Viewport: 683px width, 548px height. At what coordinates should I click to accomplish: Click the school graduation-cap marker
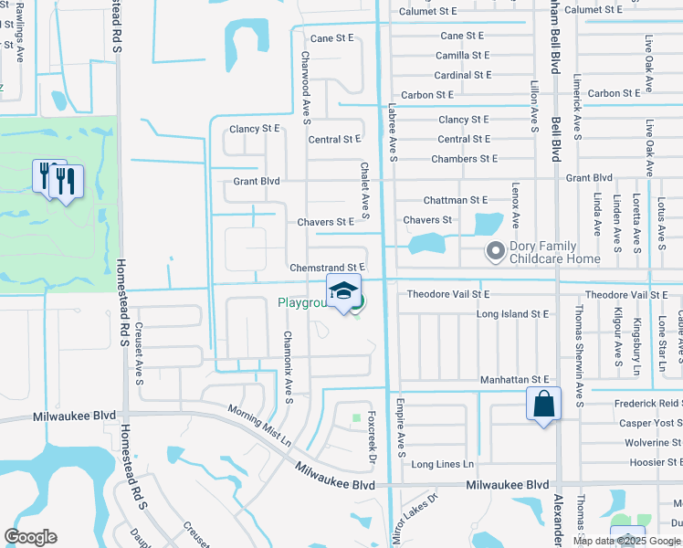click(x=343, y=292)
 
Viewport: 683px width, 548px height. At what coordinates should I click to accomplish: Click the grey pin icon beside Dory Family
click(x=496, y=249)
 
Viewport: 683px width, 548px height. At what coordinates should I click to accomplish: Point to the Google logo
click(x=30, y=536)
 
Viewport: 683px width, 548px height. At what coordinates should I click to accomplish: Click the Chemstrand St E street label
click(x=327, y=268)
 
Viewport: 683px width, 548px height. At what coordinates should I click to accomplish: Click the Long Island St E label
click(x=512, y=314)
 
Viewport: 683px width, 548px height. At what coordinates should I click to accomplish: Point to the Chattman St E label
click(x=455, y=200)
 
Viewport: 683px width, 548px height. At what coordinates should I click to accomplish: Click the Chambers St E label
click(x=464, y=159)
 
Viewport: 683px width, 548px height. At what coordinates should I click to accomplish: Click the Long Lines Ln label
click(x=443, y=465)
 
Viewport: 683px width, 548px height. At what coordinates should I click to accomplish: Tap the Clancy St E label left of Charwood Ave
click(x=255, y=130)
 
